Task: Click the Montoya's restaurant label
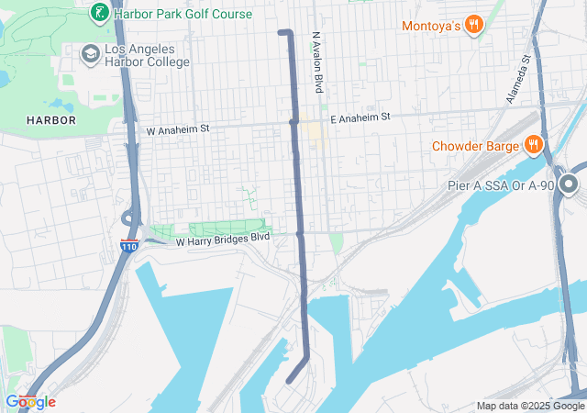430,26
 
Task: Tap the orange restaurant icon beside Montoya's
473,25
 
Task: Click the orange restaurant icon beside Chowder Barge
532,144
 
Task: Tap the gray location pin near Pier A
569,186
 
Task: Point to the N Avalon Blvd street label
317,62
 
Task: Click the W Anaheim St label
178,130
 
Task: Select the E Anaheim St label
360,117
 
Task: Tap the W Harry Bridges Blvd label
223,239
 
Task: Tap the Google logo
30,402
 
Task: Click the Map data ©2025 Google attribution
529,406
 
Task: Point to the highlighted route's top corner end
281,32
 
